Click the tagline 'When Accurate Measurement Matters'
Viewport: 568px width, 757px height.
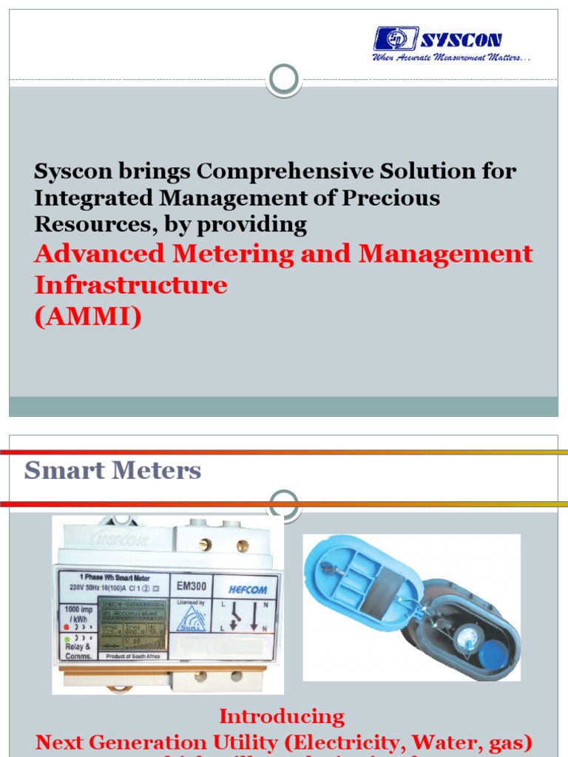point(451,57)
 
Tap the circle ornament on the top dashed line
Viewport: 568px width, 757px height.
point(284,78)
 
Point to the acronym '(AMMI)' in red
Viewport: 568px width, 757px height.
point(87,316)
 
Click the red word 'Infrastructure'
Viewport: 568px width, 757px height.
point(131,285)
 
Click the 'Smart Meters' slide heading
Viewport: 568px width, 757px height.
point(112,470)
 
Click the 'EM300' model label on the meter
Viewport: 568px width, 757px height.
point(192,587)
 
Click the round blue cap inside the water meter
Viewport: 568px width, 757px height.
point(493,654)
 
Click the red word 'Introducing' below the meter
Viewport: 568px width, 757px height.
point(282,716)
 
